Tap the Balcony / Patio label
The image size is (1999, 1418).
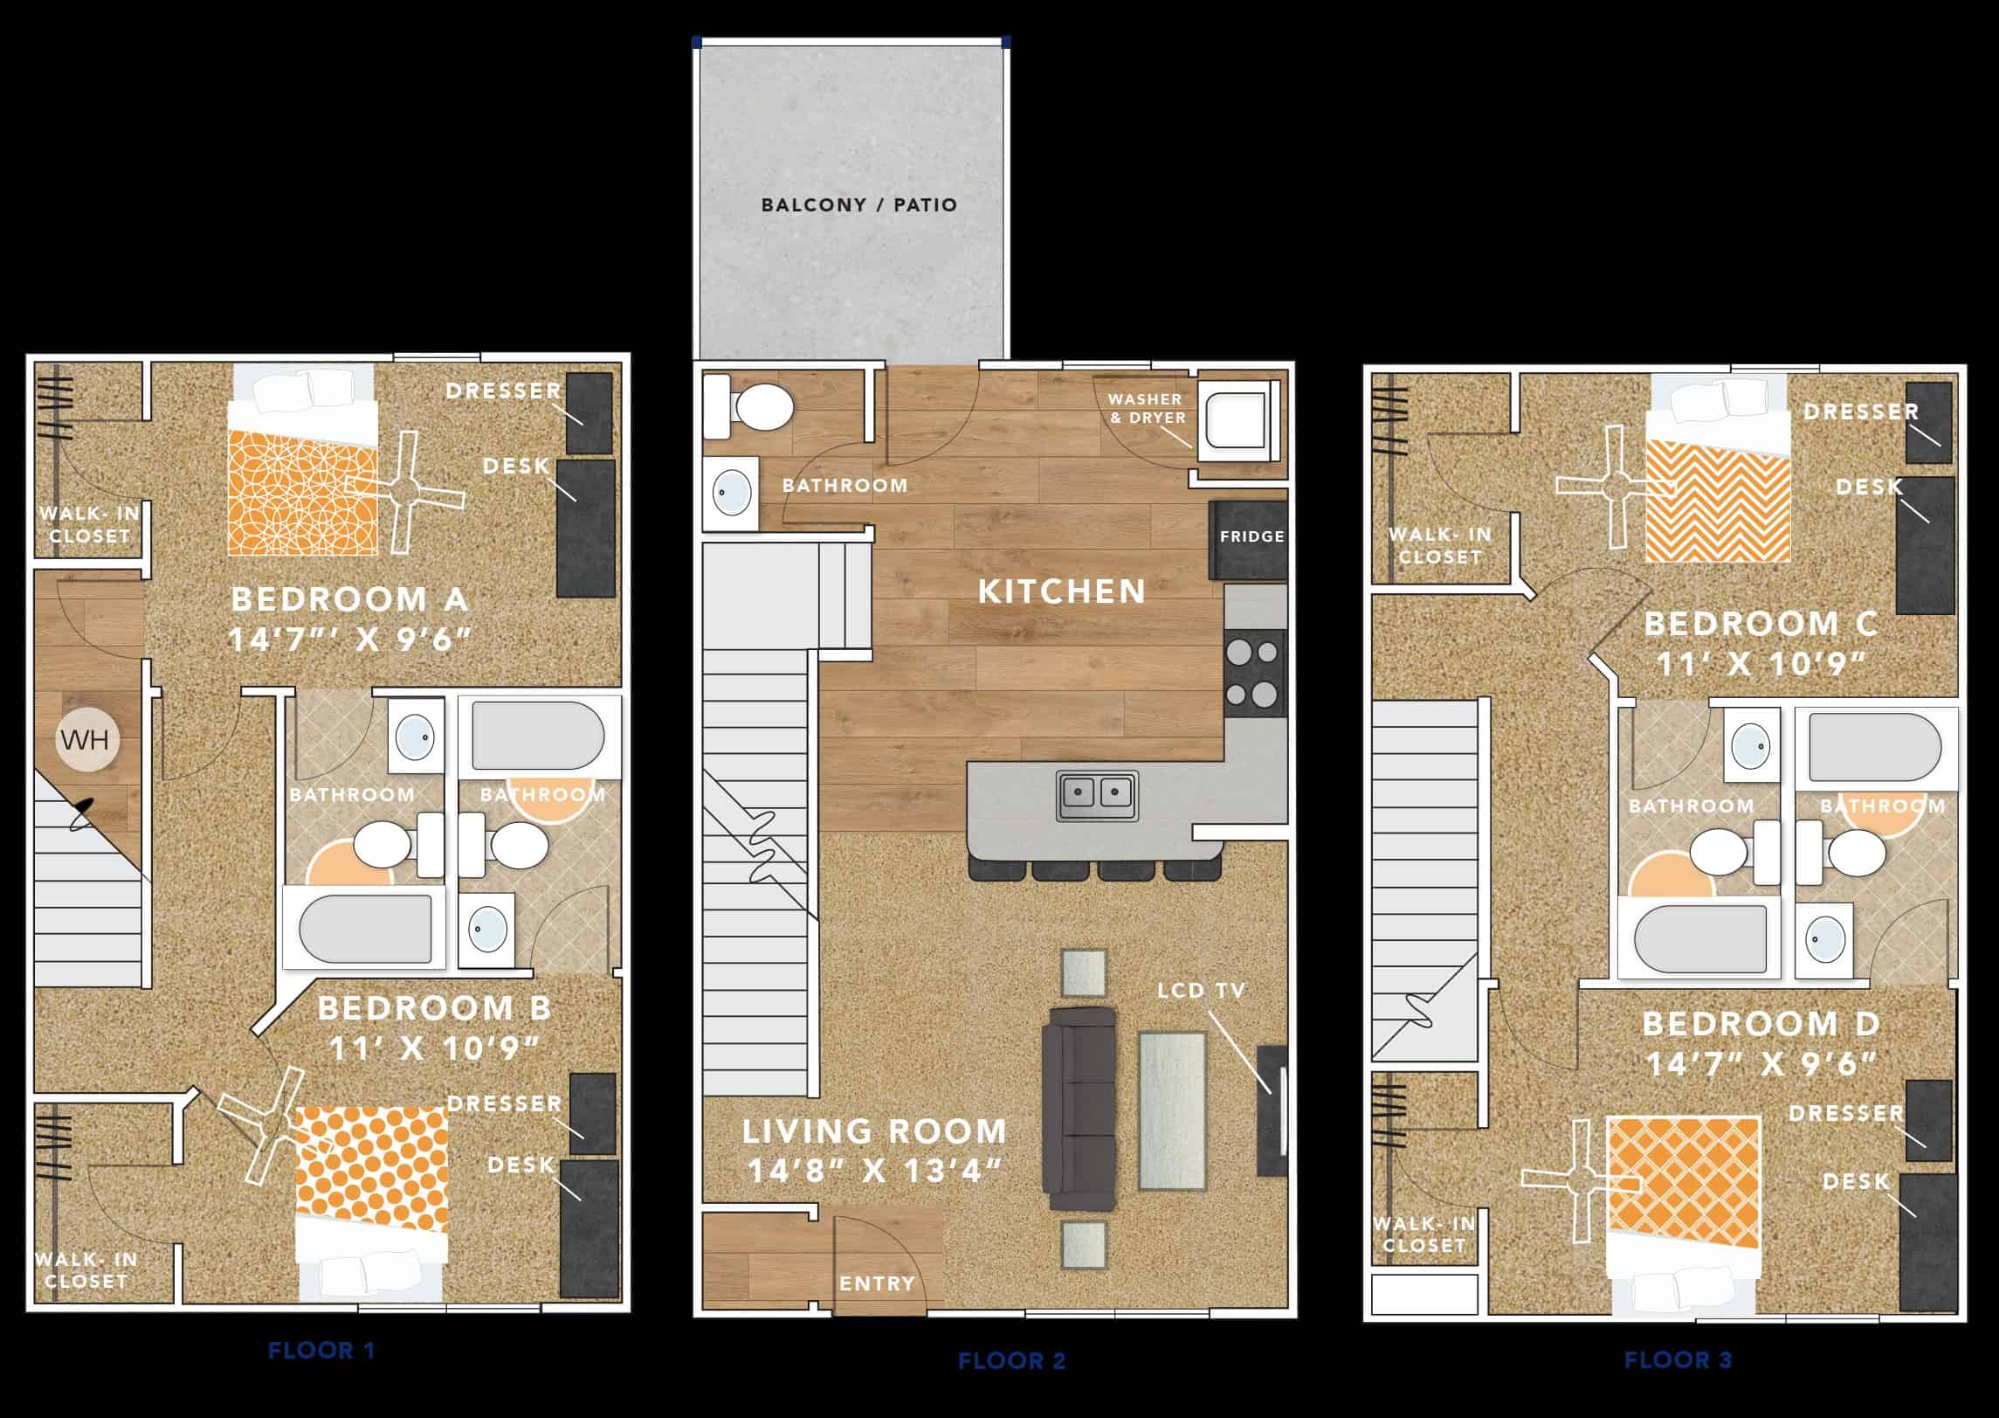coord(859,205)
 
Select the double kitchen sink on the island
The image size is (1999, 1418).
coord(1097,795)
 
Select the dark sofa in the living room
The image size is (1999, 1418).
coord(1079,1108)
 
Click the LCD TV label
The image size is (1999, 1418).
coord(1201,991)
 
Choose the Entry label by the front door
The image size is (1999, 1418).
coord(876,1283)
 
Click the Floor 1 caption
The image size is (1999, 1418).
coord(321,1351)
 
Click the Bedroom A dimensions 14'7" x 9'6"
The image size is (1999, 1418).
coord(349,640)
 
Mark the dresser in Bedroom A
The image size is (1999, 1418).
coord(589,412)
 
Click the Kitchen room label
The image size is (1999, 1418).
coord(1061,591)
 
